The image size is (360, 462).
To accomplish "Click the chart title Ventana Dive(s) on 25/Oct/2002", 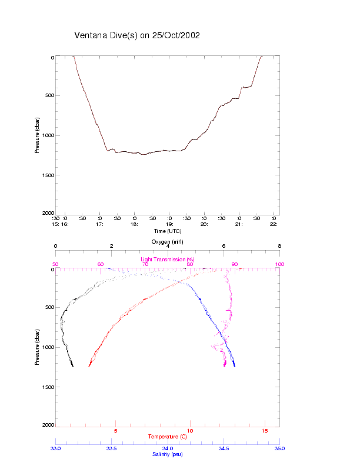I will click(137, 35).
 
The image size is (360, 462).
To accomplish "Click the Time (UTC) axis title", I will click(168, 231).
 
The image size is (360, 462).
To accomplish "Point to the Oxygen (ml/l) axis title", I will click(168, 242).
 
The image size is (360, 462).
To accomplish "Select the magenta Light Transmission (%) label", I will click(168, 260).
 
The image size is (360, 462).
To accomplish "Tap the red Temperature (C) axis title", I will click(168, 437).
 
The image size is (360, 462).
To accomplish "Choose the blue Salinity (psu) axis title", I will click(168, 454).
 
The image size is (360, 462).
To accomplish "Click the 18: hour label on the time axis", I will click(135, 224).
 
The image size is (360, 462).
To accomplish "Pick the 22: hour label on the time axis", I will click(274, 224).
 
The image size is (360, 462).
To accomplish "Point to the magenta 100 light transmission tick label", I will click(279, 264).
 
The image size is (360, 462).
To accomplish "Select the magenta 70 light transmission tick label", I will click(145, 264).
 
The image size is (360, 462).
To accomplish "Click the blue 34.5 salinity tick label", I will click(224, 448).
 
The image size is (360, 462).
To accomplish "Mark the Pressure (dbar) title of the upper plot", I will click(37, 135).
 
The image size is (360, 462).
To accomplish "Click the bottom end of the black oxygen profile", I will click(72, 366).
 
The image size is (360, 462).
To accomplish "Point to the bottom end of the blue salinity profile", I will click(235, 366).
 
